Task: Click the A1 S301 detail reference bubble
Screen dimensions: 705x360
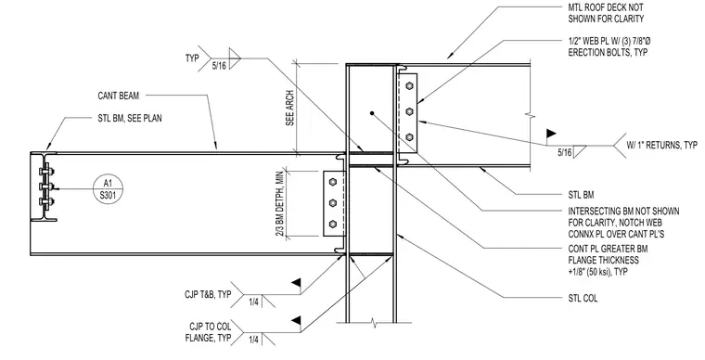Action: click(108, 188)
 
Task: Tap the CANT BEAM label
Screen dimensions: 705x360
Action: click(119, 96)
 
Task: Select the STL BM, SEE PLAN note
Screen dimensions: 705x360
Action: click(130, 119)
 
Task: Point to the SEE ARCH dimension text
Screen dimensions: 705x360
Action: click(290, 109)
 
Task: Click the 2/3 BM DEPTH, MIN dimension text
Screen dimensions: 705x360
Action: click(279, 203)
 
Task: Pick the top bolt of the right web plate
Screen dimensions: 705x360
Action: click(409, 85)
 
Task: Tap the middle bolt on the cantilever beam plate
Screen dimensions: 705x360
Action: click(333, 202)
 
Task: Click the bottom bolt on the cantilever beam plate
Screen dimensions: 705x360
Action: click(333, 224)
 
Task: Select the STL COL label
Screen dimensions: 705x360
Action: click(583, 299)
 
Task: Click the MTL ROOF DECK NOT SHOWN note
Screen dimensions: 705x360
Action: click(606, 13)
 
